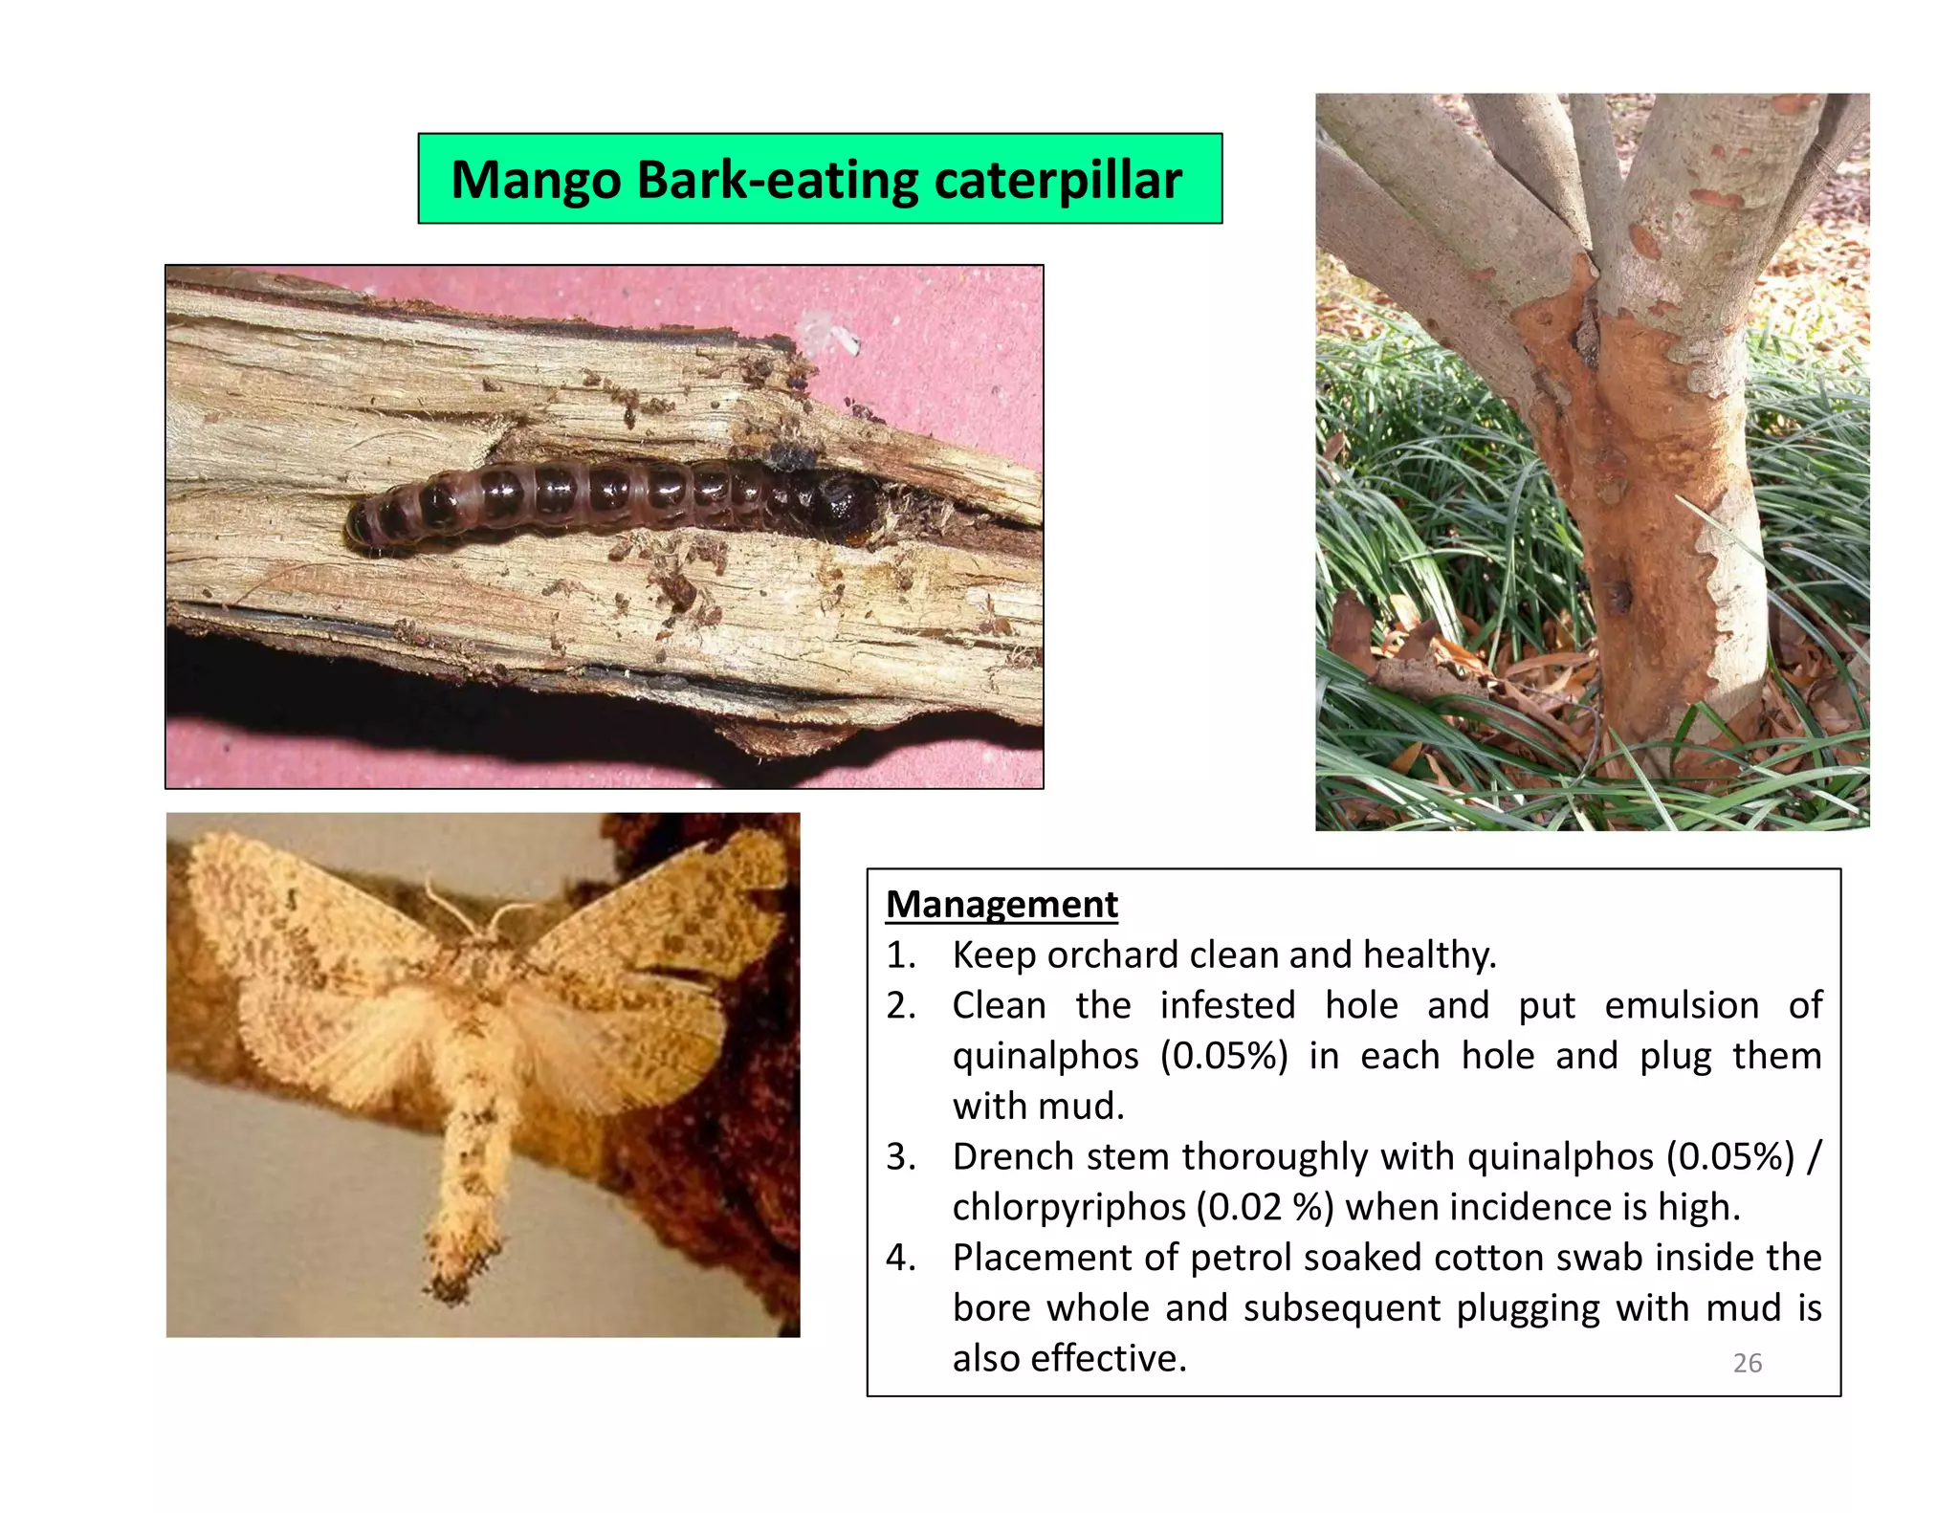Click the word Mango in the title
point(535,180)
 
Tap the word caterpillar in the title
point(1058,180)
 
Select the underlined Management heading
point(1002,904)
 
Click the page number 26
point(1747,1363)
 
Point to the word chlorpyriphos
point(1069,1207)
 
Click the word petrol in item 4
point(1241,1258)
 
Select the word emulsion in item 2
point(1682,1005)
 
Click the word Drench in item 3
point(1013,1156)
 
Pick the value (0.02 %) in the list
point(1266,1207)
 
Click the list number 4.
point(899,1258)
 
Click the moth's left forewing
point(277,918)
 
